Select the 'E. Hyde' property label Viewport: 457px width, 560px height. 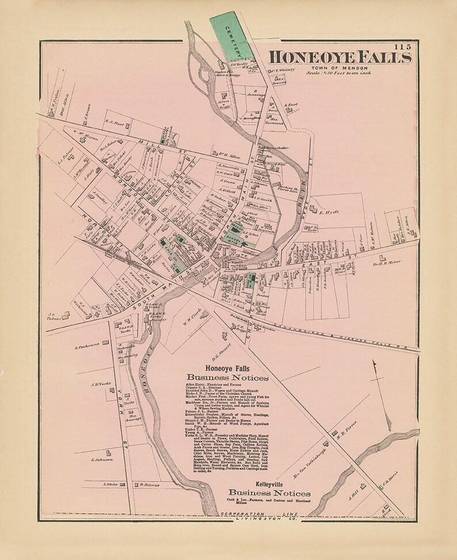point(329,211)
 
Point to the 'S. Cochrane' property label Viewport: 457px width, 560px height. point(87,345)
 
